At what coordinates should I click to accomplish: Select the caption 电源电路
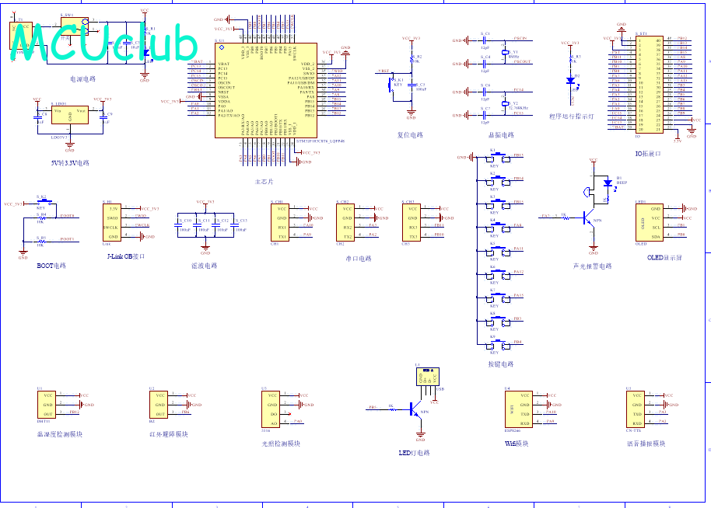pyautogui.click(x=82, y=78)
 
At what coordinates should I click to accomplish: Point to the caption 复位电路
pyautogui.click(x=410, y=134)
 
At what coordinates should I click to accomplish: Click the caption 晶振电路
pyautogui.click(x=500, y=134)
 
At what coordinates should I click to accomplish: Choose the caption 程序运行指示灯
pyautogui.click(x=571, y=116)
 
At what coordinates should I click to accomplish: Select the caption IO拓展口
pyautogui.click(x=647, y=154)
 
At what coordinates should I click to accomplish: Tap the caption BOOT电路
pyautogui.click(x=51, y=265)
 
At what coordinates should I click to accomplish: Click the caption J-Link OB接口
pyautogui.click(x=125, y=256)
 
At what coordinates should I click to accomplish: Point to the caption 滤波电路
pyautogui.click(x=205, y=265)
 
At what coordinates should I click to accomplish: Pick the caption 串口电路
pyautogui.click(x=358, y=258)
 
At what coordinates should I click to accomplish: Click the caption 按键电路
pyautogui.click(x=500, y=364)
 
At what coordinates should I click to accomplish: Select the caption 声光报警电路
pyautogui.click(x=592, y=266)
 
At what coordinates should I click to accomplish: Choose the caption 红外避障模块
pyautogui.click(x=168, y=434)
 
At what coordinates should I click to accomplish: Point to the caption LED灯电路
pyautogui.click(x=414, y=453)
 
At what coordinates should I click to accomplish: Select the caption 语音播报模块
pyautogui.click(x=646, y=444)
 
